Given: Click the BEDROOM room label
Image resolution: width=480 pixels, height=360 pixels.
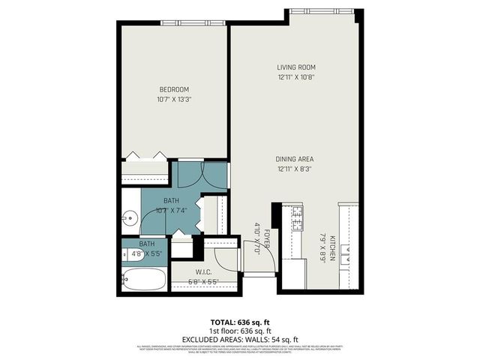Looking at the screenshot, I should [173, 90].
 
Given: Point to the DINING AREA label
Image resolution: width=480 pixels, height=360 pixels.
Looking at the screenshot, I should [294, 159].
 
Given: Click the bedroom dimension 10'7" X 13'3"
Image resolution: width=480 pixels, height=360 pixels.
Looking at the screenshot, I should [173, 100].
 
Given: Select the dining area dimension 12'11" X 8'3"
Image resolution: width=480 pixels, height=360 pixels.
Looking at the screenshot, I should [294, 169].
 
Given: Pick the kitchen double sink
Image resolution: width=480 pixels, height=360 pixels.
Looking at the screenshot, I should [347, 258].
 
